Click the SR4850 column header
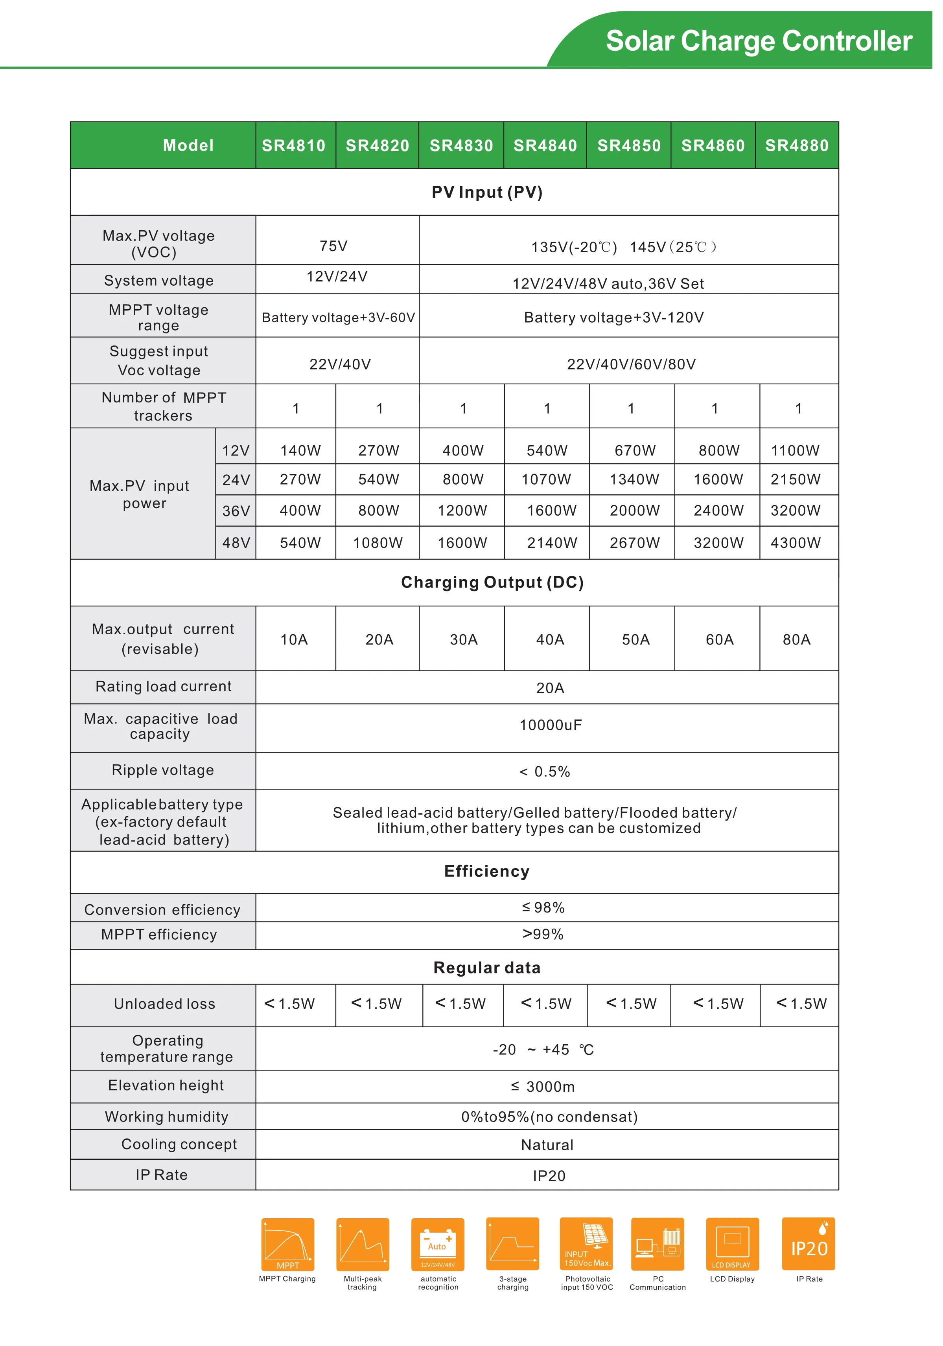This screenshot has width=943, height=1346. tap(629, 145)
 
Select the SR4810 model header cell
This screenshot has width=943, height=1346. tap(293, 145)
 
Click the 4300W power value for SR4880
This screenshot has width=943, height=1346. tap(795, 543)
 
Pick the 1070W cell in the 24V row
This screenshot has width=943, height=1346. tap(546, 479)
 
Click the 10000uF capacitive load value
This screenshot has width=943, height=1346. tap(550, 725)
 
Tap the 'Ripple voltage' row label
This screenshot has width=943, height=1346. tap(162, 770)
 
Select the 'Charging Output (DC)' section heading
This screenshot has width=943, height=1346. tap(492, 582)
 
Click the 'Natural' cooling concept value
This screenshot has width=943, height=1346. tap(547, 1145)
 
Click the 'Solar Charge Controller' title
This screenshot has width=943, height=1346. tap(759, 41)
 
